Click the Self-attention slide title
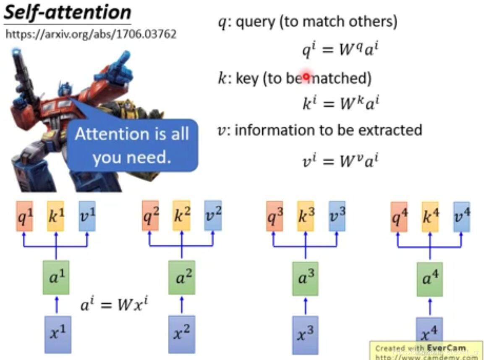point(67,13)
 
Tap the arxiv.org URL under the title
point(91,34)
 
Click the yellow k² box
point(181,215)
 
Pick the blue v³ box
point(337,215)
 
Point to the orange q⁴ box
point(399,216)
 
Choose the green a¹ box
point(56,277)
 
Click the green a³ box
point(305,278)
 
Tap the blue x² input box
point(181,334)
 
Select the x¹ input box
point(57,334)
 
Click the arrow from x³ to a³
point(305,305)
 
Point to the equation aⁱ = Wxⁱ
point(115,304)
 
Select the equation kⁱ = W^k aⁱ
point(340,103)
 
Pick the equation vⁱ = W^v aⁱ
point(340,160)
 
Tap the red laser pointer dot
point(306,77)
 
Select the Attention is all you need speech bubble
point(132,145)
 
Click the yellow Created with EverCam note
point(426,351)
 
